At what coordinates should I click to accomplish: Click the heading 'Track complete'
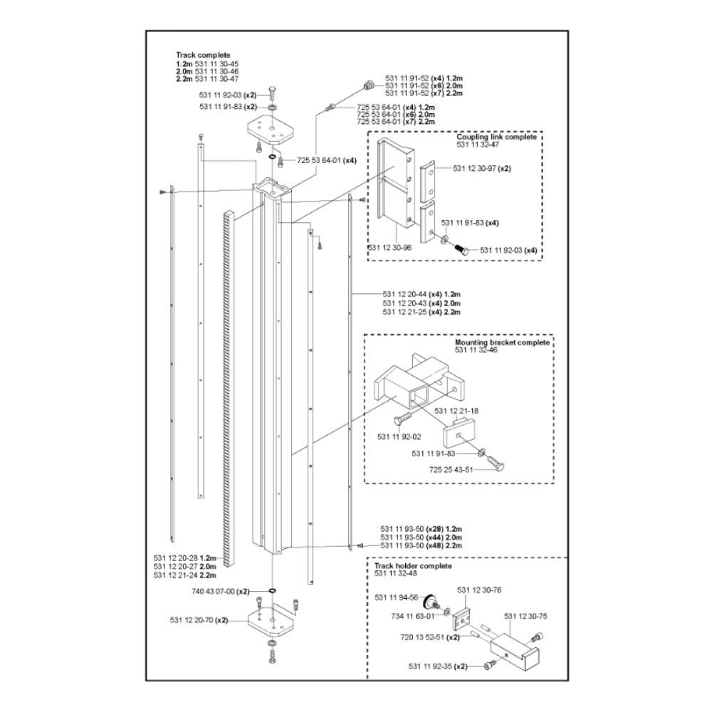(x=203, y=55)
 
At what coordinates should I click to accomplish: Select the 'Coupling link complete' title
(x=501, y=137)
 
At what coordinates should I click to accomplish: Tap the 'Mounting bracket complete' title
(x=502, y=342)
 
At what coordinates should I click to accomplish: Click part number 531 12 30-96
(x=389, y=247)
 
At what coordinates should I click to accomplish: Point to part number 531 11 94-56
(x=397, y=599)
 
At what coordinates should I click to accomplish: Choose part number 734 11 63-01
(x=412, y=615)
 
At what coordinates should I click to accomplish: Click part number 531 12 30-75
(x=528, y=616)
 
